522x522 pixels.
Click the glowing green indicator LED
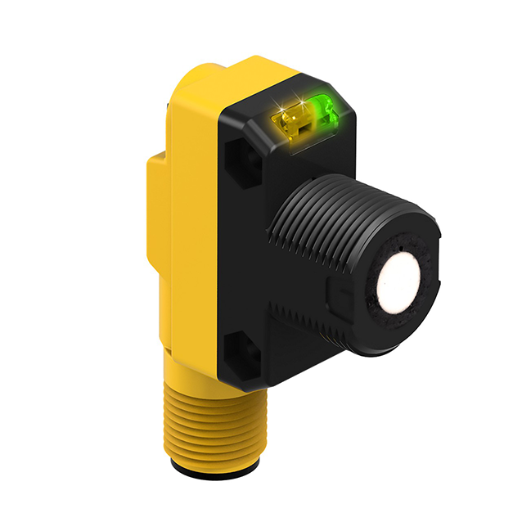[321, 108]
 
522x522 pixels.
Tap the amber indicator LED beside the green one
[290, 124]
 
